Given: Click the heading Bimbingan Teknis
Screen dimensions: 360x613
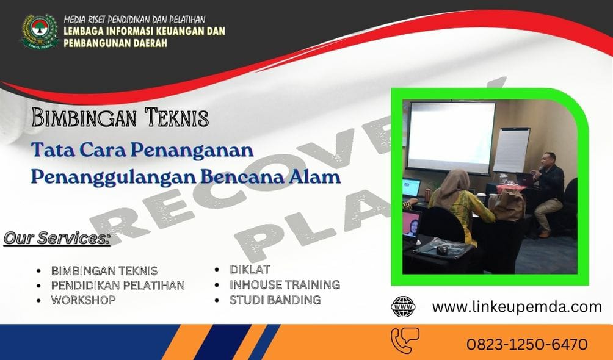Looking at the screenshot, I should [x=120, y=117].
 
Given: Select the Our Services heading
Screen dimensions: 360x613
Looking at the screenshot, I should [x=57, y=238].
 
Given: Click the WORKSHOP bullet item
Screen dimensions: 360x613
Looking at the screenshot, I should [x=83, y=300].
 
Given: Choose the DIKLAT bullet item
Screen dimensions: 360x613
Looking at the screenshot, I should [x=250, y=269].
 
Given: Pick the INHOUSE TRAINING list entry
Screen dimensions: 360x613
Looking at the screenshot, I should [x=285, y=284].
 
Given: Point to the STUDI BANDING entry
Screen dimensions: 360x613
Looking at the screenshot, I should [x=275, y=300].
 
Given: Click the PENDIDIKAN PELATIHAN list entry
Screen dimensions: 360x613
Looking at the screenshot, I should [x=118, y=285].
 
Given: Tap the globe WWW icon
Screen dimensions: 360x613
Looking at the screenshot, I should [x=403, y=307].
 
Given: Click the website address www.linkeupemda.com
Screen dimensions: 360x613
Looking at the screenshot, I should [x=517, y=307].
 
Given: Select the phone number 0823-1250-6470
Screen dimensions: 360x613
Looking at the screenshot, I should [x=527, y=344].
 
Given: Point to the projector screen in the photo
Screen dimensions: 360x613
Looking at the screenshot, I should [x=452, y=136].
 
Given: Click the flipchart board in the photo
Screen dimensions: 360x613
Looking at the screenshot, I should [x=510, y=149].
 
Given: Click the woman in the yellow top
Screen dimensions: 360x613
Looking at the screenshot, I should [x=462, y=201].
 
